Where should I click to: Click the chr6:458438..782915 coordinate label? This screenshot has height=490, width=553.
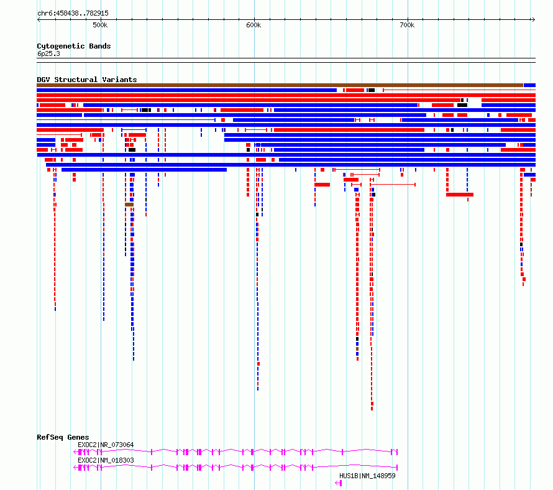(x=73, y=14)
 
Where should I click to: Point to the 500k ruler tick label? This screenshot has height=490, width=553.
(x=100, y=25)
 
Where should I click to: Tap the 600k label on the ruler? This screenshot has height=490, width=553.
(x=254, y=25)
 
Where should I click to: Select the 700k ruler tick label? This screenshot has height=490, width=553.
(x=407, y=25)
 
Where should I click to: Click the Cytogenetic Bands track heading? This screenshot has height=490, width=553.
(x=74, y=46)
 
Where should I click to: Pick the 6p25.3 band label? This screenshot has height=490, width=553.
(x=48, y=53)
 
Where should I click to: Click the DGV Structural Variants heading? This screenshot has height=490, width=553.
(x=87, y=80)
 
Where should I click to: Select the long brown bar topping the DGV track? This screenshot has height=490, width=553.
(x=280, y=85)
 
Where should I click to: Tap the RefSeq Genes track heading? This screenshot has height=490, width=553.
(x=63, y=437)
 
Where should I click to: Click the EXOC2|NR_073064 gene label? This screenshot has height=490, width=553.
(x=106, y=445)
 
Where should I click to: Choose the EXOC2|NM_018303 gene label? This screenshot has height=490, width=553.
(x=106, y=460)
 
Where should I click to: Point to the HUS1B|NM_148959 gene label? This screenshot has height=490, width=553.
(x=367, y=476)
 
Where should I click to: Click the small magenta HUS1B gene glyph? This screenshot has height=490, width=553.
(x=339, y=483)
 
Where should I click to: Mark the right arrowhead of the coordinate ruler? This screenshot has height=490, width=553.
(x=534, y=20)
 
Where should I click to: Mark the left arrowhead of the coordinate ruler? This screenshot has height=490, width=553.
(x=39, y=20)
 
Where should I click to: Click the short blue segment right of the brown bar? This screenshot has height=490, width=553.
(x=530, y=85)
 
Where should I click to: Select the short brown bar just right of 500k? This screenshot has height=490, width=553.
(x=129, y=205)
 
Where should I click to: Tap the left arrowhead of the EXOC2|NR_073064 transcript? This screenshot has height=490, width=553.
(x=75, y=452)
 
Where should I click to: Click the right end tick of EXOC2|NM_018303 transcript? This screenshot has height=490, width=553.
(x=397, y=468)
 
